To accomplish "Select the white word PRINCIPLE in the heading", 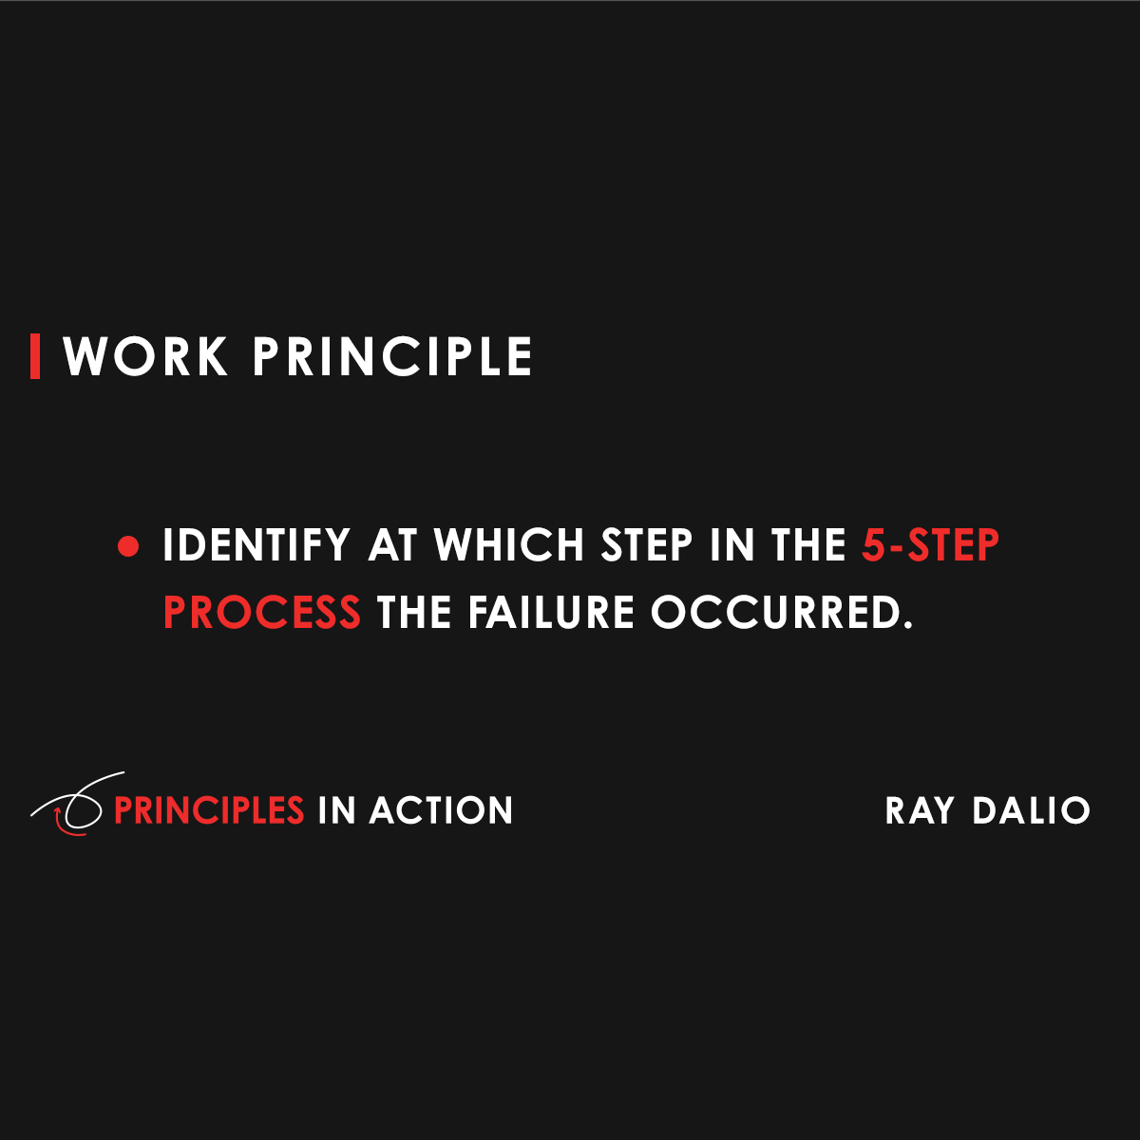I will point(392,357).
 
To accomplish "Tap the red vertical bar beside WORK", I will point(35,356).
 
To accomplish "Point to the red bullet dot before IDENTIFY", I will point(128,547).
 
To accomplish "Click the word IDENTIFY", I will point(256,546).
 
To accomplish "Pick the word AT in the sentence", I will point(392,546).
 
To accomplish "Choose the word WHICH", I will point(509,546).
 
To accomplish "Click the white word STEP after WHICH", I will point(647,546).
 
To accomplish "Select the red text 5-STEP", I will point(931,546).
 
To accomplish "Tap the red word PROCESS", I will point(262,613).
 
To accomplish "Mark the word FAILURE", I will point(551,613).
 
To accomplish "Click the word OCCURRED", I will point(781,613).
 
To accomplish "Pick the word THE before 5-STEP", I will point(808,546).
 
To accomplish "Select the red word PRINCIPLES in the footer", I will point(209,810).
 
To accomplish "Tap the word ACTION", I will point(441,810).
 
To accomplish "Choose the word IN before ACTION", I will point(336,810).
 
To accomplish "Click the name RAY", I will point(920,810).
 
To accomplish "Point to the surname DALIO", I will point(1032,810).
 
